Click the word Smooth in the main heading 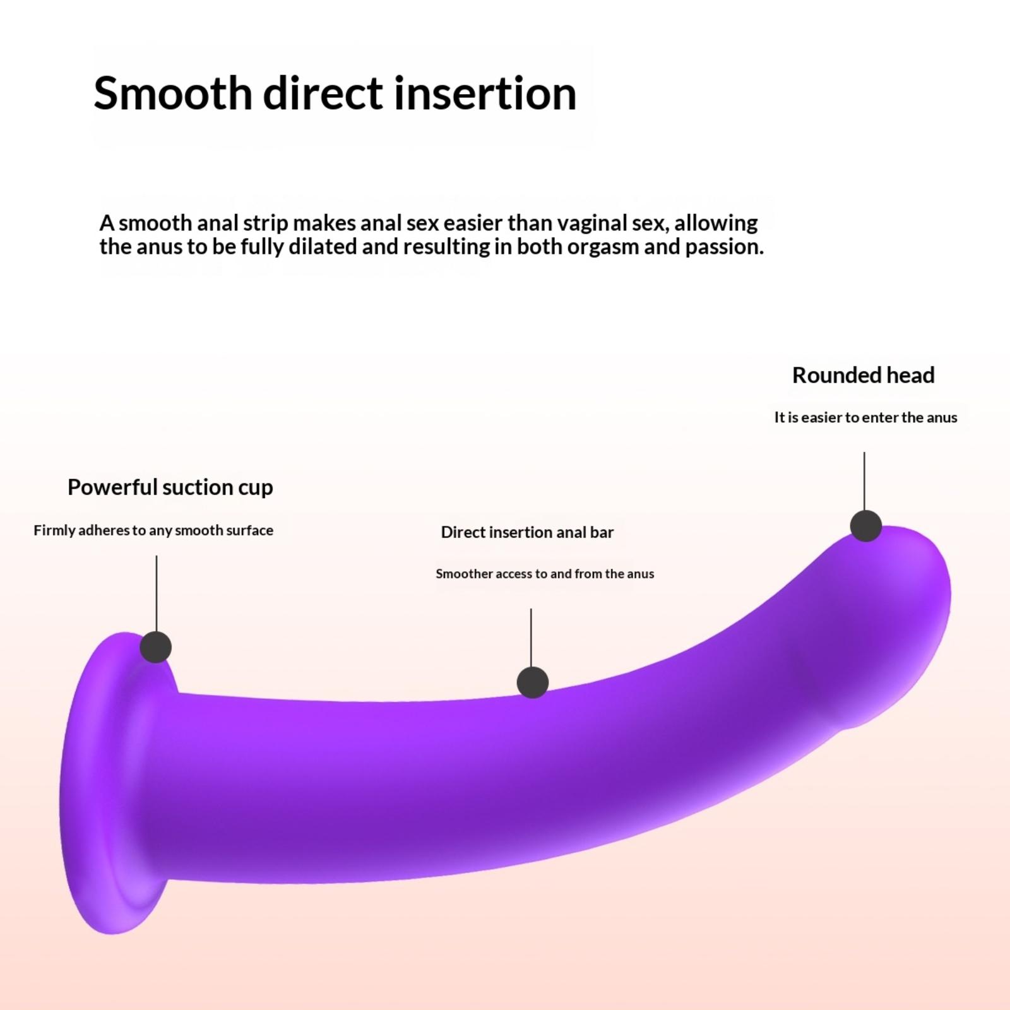(x=173, y=93)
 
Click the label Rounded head (x=863, y=375)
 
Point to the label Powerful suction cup (x=170, y=487)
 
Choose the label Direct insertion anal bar (x=527, y=532)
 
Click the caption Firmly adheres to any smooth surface (x=153, y=530)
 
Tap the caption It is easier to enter (x=865, y=417)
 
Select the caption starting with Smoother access (x=545, y=574)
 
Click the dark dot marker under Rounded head (x=866, y=525)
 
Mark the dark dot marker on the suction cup (x=155, y=646)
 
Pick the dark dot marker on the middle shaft (x=532, y=682)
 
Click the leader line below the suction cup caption (x=156, y=593)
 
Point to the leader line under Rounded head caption (x=864, y=481)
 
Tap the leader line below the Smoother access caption (x=531, y=638)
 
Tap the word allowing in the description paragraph (x=716, y=223)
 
